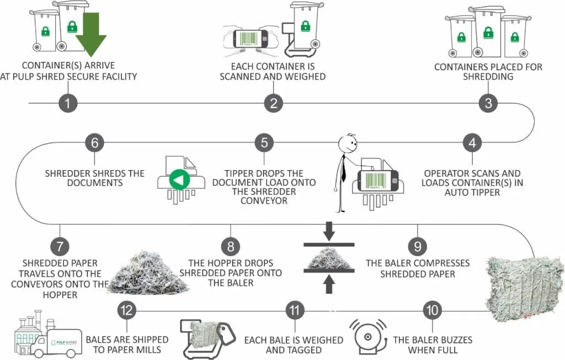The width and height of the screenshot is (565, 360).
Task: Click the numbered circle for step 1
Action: click(x=68, y=103)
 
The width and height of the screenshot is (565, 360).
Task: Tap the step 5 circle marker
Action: click(x=264, y=142)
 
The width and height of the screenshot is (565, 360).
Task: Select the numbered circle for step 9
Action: click(x=418, y=246)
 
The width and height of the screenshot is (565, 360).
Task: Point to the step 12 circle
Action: click(x=127, y=310)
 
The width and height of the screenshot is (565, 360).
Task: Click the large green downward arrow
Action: click(x=91, y=34)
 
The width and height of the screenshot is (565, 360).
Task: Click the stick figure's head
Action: click(x=348, y=144)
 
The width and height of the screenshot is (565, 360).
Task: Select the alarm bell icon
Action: click(x=367, y=337)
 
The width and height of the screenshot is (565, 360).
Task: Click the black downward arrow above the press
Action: click(x=329, y=231)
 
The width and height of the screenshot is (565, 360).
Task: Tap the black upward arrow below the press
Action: click(x=329, y=284)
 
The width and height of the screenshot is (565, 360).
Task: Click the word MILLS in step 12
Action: click(x=148, y=350)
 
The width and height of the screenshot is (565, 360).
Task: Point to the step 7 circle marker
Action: click(x=60, y=246)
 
